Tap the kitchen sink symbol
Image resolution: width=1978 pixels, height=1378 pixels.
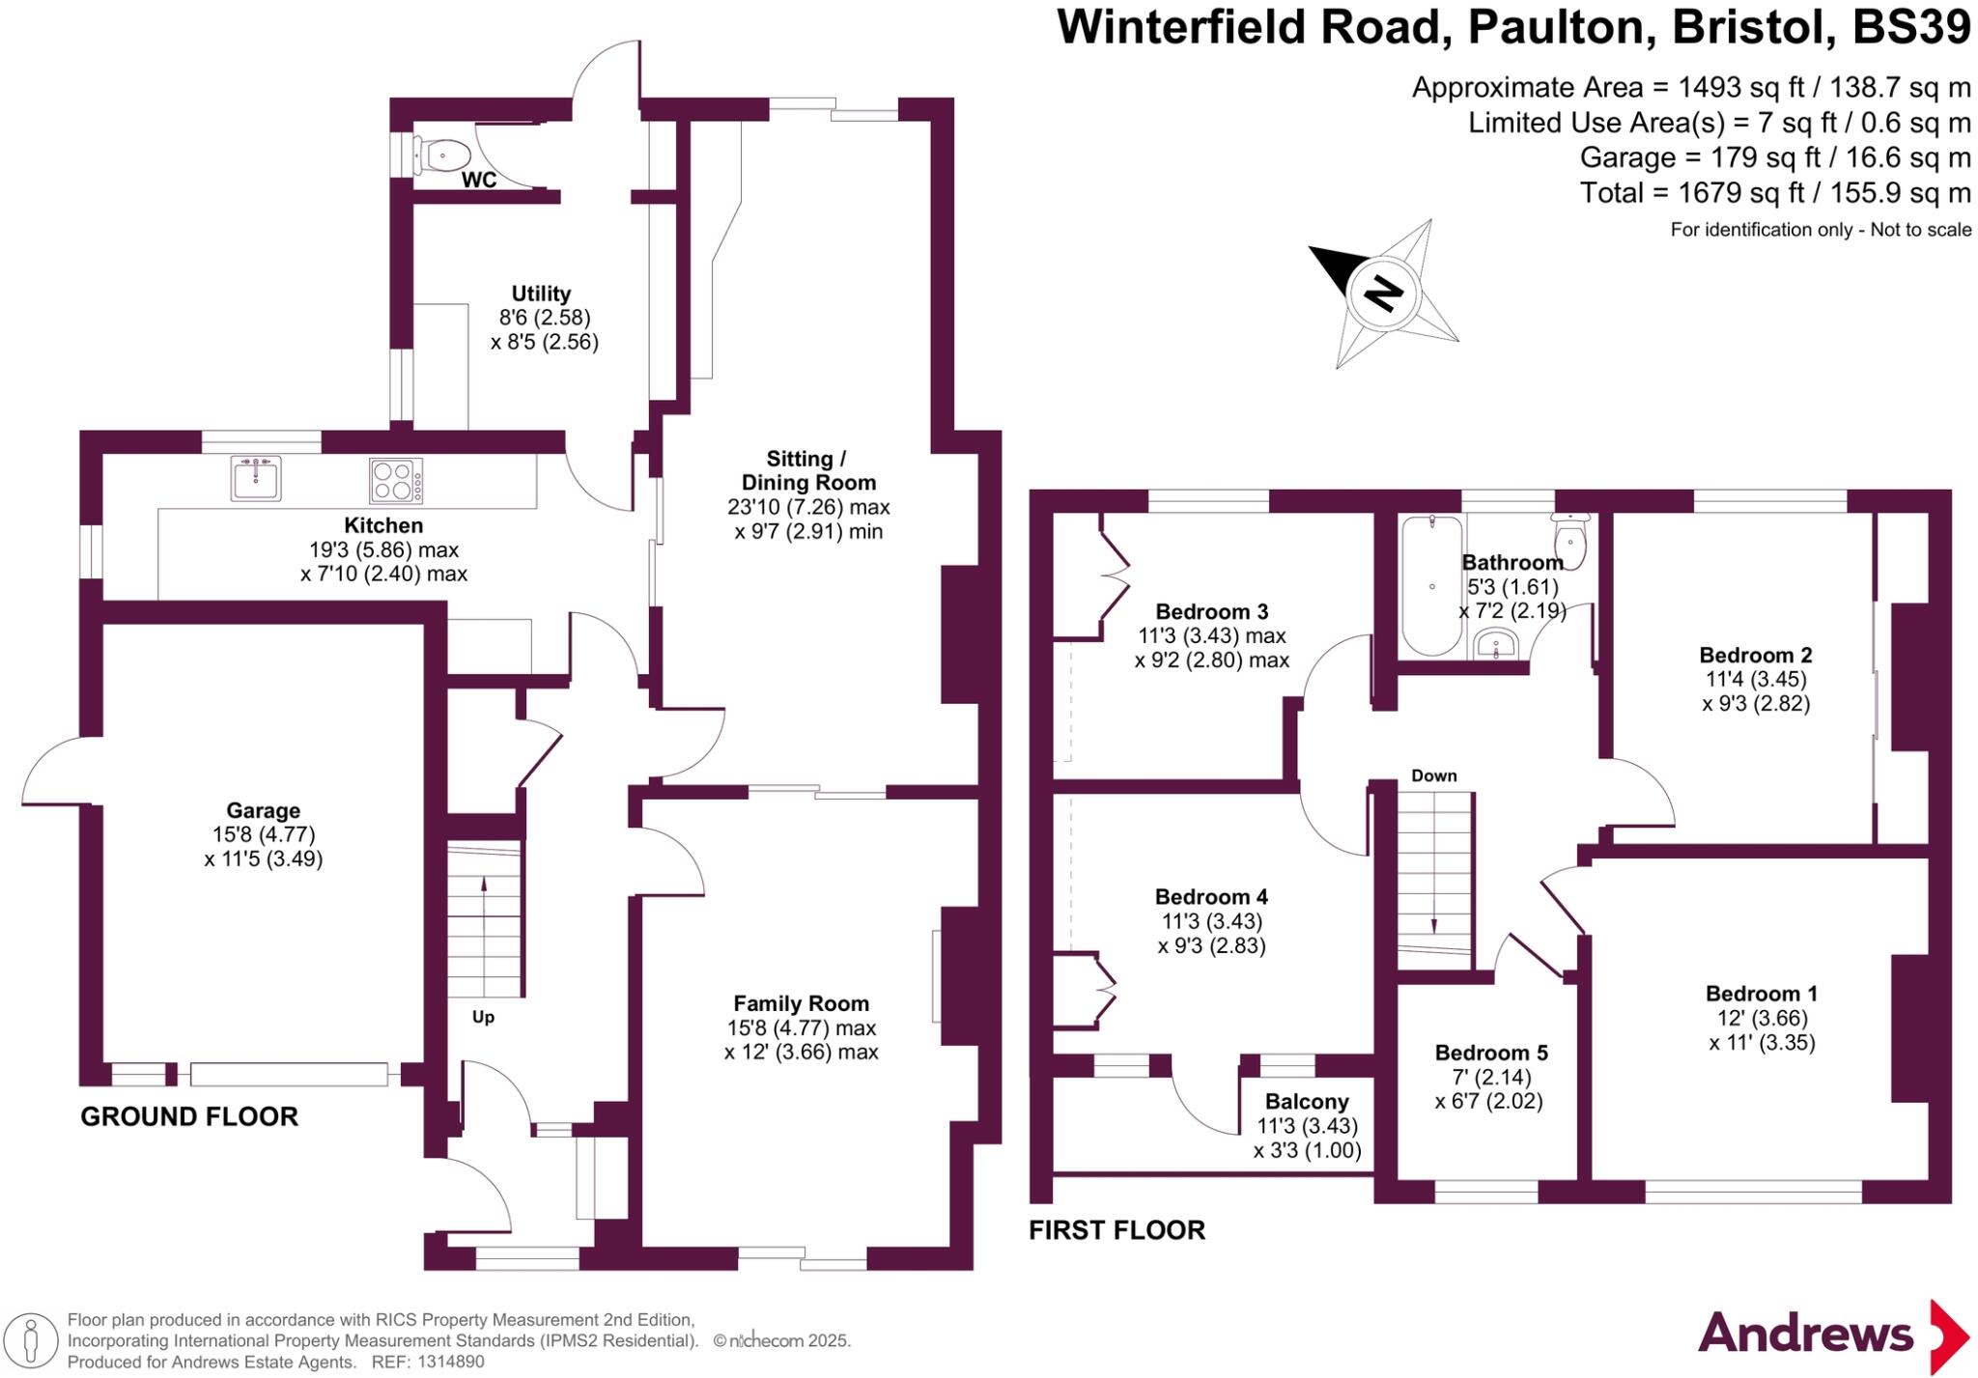point(256,478)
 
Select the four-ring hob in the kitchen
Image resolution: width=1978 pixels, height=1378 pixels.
point(396,480)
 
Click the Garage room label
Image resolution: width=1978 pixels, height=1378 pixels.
point(263,811)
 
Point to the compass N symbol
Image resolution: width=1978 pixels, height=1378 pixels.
point(1384,293)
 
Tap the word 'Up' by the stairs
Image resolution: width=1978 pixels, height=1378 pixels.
point(483,1017)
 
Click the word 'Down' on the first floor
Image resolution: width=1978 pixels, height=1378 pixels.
point(1433,775)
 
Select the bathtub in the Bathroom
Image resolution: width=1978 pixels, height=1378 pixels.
point(1431,585)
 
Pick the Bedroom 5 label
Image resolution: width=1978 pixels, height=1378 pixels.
point(1490,1053)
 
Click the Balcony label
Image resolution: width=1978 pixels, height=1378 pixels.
point(1307,1102)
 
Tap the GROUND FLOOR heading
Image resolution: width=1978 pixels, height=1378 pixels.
point(189,1117)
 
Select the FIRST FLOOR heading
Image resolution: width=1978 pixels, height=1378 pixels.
point(1117,1230)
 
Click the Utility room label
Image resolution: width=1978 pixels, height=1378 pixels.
point(541,294)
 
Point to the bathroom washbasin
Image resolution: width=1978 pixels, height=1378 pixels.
point(1496,643)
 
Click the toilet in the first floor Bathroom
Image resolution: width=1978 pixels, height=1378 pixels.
point(1571,543)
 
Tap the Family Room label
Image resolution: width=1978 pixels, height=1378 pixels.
point(801,1004)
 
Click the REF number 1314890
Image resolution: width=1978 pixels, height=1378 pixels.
point(451,1362)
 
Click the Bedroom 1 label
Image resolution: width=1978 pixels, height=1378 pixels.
point(1762,994)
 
